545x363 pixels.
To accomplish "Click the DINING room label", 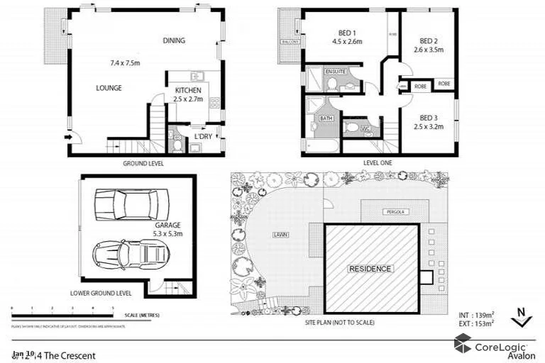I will (x=173, y=40).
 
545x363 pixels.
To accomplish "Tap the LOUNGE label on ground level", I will (x=109, y=88).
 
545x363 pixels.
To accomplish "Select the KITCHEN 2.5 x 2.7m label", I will (x=188, y=95).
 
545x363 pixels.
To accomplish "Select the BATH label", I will (x=326, y=118).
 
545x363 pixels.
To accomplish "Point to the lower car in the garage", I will (x=130, y=252).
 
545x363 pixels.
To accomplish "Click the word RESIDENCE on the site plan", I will (x=369, y=269).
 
